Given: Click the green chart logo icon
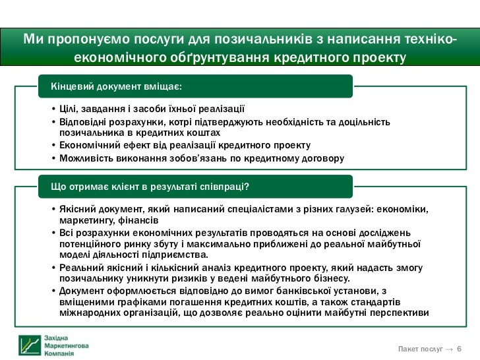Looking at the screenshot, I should click(x=29, y=345).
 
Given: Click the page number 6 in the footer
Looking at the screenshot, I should click(x=459, y=348).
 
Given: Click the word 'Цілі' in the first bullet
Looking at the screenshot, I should click(x=69, y=109).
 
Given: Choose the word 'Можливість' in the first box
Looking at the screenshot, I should click(x=85, y=158).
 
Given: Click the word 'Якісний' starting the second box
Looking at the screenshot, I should click(x=76, y=209).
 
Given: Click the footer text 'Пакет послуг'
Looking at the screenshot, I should click(x=420, y=348).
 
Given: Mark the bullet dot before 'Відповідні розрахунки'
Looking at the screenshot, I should click(x=53, y=122).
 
